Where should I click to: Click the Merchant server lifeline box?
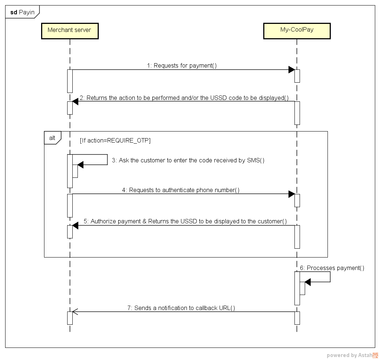[69, 30]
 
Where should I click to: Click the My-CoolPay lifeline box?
[297, 30]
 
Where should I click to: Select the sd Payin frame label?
[22, 12]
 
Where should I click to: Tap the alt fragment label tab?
[53, 138]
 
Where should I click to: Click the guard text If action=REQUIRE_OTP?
[115, 140]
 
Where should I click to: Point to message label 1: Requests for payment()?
[182, 65]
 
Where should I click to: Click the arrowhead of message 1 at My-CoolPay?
[292, 70]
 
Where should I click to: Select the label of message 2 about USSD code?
[184, 98]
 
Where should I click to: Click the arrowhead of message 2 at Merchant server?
[75, 102]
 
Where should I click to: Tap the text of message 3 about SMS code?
[188, 161]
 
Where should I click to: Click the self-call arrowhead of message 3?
[80, 165]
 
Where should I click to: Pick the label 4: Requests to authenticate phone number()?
[181, 190]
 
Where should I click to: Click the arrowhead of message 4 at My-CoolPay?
[292, 194]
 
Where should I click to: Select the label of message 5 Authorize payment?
[185, 221]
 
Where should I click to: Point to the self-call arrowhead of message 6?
[308, 282]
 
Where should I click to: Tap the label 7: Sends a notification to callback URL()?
[181, 308]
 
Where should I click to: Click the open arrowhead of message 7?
[75, 312]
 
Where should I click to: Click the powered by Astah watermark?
[352, 355]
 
